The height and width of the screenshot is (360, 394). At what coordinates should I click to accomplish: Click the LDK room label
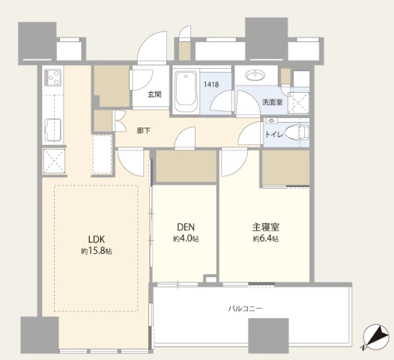tap(97, 240)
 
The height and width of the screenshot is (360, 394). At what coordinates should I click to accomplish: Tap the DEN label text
tap(186, 227)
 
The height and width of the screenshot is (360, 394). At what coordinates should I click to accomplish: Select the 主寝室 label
tap(266, 227)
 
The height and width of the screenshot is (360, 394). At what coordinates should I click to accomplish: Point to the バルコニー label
tap(245, 308)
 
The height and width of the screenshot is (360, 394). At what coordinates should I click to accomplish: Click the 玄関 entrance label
tap(154, 94)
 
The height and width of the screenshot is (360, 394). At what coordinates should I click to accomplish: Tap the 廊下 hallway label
tap(144, 130)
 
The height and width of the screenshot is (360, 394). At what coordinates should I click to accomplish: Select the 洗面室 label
tap(273, 103)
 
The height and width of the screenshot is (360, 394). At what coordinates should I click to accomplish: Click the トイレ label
tap(274, 135)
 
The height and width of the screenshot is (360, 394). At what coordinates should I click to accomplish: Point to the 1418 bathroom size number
tap(211, 85)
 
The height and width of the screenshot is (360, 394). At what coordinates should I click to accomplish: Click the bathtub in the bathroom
tap(186, 91)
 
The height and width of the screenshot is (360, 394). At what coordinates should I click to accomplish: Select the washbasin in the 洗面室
tap(255, 75)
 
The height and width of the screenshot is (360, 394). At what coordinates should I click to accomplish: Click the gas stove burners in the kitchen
tap(52, 77)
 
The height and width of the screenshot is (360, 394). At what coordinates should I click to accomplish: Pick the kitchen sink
tap(52, 129)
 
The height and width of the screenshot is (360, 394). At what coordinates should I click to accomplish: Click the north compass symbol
tap(376, 337)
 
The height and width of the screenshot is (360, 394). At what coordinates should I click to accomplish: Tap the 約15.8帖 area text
tap(97, 251)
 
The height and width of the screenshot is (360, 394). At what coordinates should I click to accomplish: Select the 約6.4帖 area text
tap(266, 239)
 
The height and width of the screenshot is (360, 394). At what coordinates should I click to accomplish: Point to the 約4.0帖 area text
tap(186, 239)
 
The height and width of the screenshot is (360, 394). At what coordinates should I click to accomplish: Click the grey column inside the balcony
tap(268, 336)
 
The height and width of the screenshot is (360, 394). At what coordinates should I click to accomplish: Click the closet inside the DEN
tap(187, 166)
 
